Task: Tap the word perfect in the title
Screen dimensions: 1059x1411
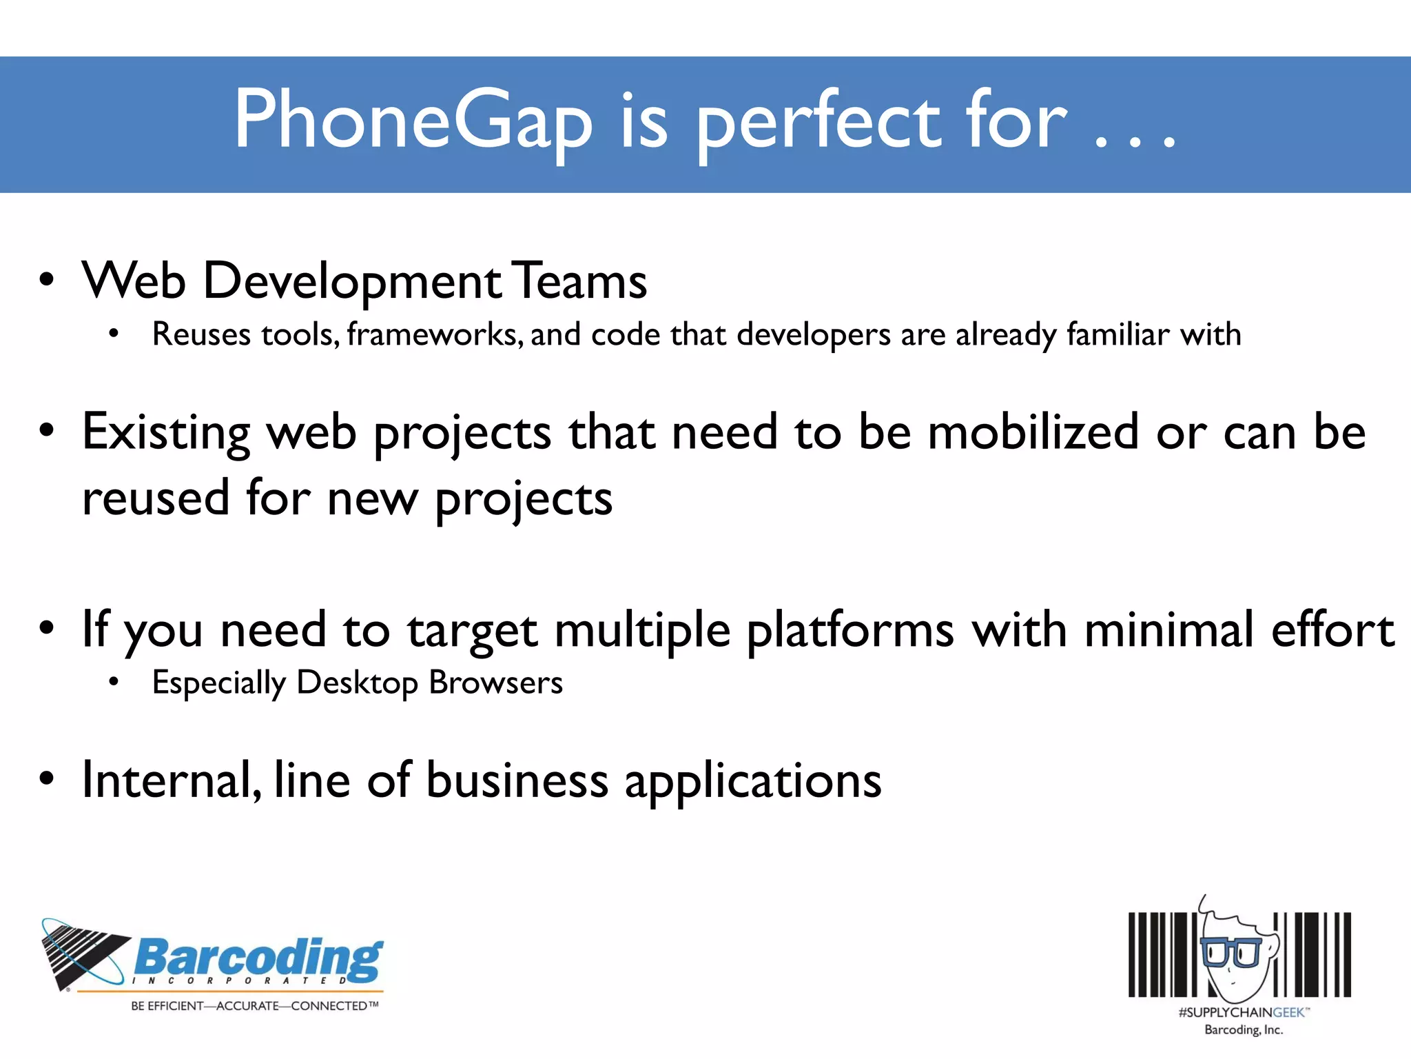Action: pos(818,121)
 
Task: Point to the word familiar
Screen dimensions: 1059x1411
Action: pos(1118,334)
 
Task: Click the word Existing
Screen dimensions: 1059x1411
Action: pos(166,433)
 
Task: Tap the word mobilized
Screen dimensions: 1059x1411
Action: pos(1033,433)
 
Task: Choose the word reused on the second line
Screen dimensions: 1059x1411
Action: pos(156,498)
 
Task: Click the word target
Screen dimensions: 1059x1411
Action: pos(472,631)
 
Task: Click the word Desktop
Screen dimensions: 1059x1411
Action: pos(357,683)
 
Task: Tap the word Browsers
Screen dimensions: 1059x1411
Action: pos(495,683)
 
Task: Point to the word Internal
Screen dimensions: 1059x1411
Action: pos(172,780)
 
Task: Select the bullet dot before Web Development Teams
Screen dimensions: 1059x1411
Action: pos(46,281)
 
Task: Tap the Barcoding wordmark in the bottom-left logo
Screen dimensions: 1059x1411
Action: pos(258,958)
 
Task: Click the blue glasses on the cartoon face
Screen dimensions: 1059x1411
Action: pos(1231,952)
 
